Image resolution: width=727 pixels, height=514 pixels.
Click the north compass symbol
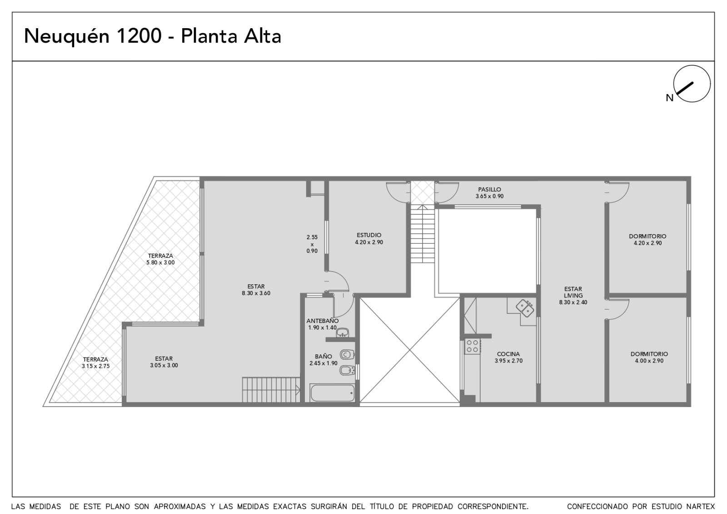pos(692,84)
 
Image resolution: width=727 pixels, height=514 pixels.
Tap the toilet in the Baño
pos(347,354)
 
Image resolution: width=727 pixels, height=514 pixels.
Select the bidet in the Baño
pos(347,370)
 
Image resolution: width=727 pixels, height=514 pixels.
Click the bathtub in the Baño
pos(332,393)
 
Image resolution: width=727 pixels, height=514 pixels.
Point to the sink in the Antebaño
pos(343,333)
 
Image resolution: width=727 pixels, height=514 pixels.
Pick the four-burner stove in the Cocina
pos(473,346)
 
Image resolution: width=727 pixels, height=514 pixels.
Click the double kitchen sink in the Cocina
pos(525,308)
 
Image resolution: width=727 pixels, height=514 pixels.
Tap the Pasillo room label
pos(489,189)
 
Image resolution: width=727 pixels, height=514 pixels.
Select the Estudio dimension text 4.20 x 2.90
pos(369,242)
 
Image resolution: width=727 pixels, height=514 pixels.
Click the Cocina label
pos(508,354)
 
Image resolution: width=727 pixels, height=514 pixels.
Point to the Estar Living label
pos(573,292)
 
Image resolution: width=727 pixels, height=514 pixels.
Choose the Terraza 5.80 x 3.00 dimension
pos(160,262)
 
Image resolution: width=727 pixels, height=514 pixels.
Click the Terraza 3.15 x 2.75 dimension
pos(96,366)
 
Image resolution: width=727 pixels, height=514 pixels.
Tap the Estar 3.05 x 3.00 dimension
pos(164,365)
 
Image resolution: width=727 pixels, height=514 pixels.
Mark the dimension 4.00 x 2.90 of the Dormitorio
pos(649,361)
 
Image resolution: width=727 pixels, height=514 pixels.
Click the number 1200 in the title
pos(138,35)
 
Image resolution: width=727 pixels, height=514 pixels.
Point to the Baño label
pos(324,356)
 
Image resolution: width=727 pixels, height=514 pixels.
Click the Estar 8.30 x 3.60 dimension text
pos(256,293)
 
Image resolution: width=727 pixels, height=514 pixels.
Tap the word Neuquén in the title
pos(66,35)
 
